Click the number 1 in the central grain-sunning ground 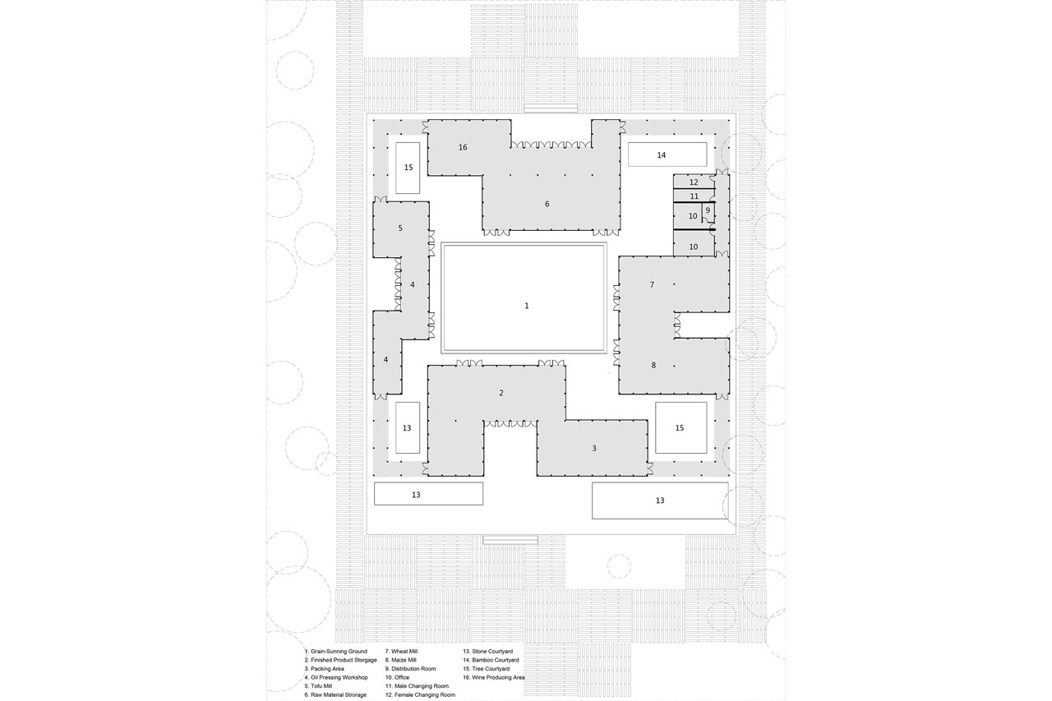(527, 306)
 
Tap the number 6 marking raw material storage (547, 204)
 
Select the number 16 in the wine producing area (463, 147)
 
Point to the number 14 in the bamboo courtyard (662, 154)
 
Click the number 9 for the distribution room (708, 210)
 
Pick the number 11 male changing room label (694, 196)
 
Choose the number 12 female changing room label (694, 182)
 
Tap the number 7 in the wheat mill (652, 284)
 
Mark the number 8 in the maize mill (654, 365)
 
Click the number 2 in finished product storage (501, 393)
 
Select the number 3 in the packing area (593, 448)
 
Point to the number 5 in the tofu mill (400, 228)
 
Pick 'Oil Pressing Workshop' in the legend (337, 677)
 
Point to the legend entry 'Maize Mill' (402, 660)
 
